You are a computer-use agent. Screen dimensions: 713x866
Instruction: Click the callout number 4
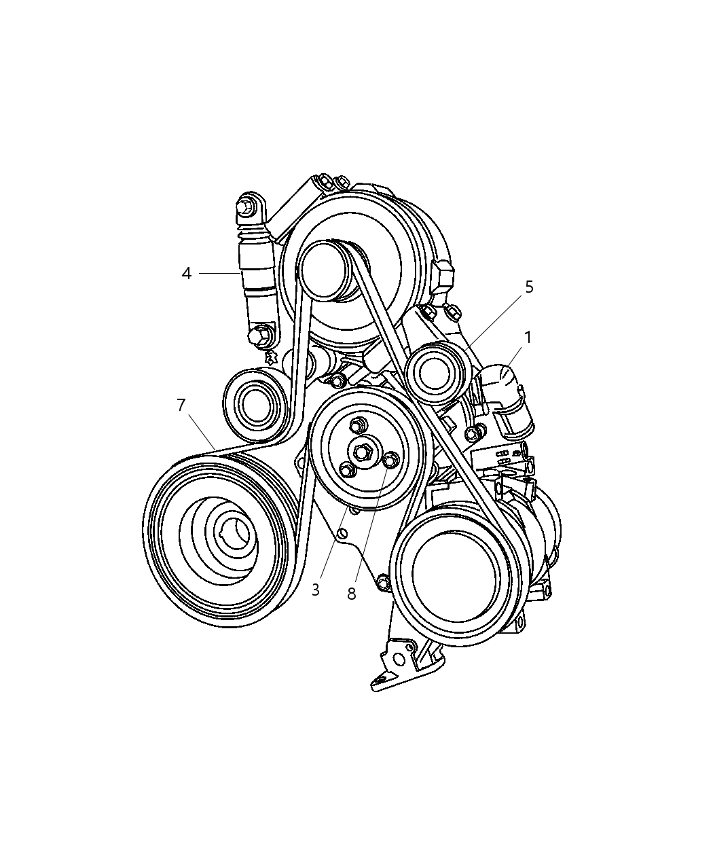[x=187, y=274]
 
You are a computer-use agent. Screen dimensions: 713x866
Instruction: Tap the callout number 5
[x=529, y=287]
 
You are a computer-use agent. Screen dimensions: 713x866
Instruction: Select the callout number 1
[x=528, y=338]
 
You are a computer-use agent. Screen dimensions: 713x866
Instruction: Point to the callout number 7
[x=181, y=405]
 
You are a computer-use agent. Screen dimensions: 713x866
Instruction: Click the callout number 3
[x=316, y=590]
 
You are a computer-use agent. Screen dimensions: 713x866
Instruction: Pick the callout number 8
[x=351, y=594]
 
